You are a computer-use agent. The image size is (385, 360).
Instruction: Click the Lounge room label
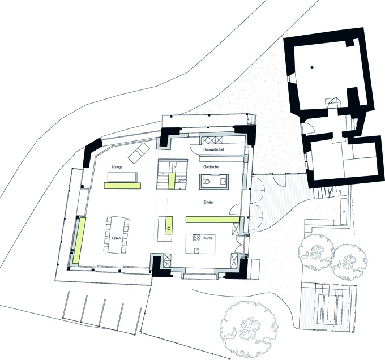tap(117, 167)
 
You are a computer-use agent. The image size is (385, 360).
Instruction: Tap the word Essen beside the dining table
tap(116, 238)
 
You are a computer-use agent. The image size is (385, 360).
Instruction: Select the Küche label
tap(208, 238)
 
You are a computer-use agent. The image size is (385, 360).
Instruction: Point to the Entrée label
tap(208, 202)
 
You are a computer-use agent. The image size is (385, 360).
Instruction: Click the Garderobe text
tap(211, 167)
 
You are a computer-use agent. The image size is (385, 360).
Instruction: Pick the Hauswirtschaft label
tap(213, 149)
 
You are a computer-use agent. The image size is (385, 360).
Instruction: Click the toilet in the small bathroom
tap(207, 182)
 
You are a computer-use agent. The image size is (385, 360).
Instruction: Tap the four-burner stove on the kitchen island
tap(196, 237)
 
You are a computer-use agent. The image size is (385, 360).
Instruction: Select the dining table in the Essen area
tap(117, 234)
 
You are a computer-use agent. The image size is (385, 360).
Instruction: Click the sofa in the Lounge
tap(122, 177)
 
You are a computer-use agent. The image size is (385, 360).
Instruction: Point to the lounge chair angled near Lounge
tap(139, 153)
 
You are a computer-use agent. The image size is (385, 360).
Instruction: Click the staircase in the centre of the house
tap(173, 174)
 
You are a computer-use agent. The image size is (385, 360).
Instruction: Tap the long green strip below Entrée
tap(213, 220)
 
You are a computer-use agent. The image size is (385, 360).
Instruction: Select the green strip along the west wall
tap(79, 241)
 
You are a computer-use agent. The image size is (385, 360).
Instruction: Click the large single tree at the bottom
tap(249, 328)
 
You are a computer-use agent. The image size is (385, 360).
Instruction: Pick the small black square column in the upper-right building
tap(311, 67)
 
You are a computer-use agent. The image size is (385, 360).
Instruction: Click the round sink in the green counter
tap(169, 229)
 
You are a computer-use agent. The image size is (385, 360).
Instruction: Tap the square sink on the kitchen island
tap(196, 250)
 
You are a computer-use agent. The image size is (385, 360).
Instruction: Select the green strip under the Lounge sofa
tap(122, 186)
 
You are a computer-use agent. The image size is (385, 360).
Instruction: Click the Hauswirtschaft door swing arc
tap(194, 150)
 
